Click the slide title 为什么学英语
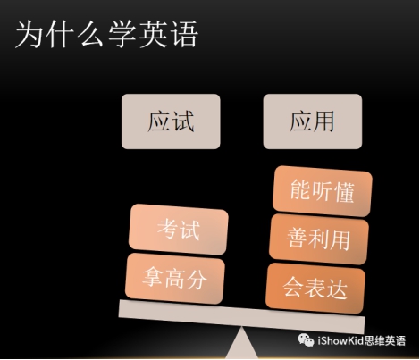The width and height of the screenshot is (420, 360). click(106, 35)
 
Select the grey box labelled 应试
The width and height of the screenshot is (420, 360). click(171, 121)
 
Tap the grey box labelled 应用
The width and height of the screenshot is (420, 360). click(313, 121)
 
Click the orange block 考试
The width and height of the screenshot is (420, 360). click(179, 230)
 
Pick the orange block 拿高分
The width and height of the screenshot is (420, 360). click(174, 279)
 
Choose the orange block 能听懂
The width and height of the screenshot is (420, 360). click(323, 191)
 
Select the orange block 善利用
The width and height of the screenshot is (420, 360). click(319, 239)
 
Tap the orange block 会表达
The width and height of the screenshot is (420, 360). click(315, 289)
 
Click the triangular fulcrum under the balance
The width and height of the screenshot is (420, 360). click(241, 343)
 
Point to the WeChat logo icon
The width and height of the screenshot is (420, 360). click(306, 340)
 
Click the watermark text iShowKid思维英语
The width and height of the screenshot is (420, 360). click(361, 340)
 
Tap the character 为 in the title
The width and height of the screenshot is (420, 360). click(29, 35)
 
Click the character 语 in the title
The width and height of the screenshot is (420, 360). click(185, 35)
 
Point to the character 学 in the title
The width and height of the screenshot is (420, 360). click(122, 35)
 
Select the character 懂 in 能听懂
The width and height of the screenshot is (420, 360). click(344, 192)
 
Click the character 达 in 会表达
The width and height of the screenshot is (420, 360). click(337, 289)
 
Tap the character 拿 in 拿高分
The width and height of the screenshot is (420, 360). click(153, 277)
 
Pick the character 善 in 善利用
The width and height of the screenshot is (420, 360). click(297, 239)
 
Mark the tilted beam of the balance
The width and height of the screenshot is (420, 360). click(241, 317)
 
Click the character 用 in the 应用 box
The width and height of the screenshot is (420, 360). click(323, 121)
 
